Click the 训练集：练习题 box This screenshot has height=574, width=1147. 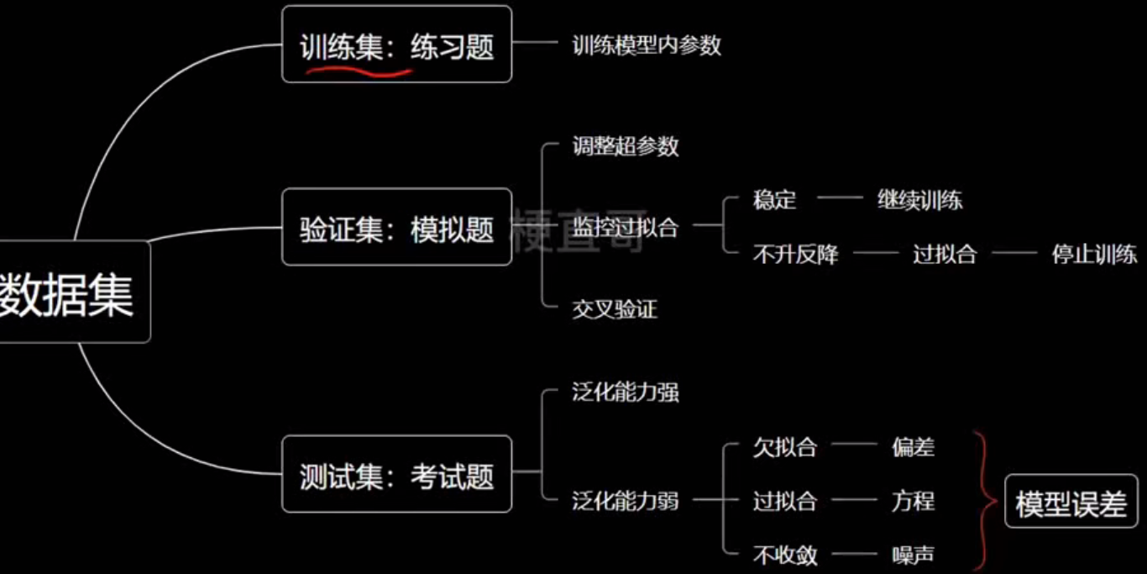(396, 44)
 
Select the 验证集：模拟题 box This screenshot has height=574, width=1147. (396, 228)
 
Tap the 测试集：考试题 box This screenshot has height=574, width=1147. (396, 475)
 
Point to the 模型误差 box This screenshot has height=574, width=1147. (1071, 503)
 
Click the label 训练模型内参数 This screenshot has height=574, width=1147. (647, 45)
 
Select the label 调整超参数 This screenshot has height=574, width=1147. (626, 146)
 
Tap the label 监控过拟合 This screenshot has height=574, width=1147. (626, 226)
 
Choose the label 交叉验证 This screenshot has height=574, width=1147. (615, 309)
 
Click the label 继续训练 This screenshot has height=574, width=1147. (919, 200)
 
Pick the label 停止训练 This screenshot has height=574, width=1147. (1094, 254)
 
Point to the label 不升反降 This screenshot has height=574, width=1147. (795, 254)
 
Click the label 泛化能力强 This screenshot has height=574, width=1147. (626, 392)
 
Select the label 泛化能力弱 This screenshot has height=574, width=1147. (626, 502)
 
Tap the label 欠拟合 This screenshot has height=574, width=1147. (784, 447)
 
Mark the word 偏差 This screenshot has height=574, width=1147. (913, 447)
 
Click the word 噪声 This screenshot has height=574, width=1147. (913, 555)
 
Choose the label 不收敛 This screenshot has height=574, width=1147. (784, 555)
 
